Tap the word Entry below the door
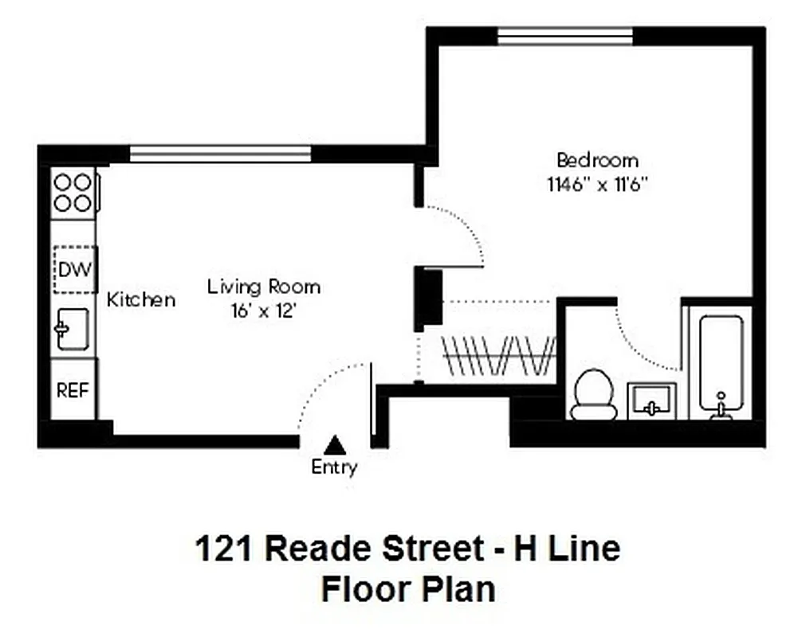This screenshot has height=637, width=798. coord(334,467)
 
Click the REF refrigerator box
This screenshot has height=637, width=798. coord(73,390)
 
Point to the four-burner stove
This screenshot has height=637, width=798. coord(73,193)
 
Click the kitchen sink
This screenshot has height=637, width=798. coord(73,329)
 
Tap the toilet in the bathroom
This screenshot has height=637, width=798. coord(594,395)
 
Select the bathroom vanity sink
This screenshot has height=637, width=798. coord(651,401)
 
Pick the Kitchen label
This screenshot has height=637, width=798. coord(141,300)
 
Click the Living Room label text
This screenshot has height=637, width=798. coord(264,287)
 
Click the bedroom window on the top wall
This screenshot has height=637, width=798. coord(565,37)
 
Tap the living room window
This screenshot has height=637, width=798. coord(220,154)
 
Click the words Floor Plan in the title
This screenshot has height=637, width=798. coord(407,590)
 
